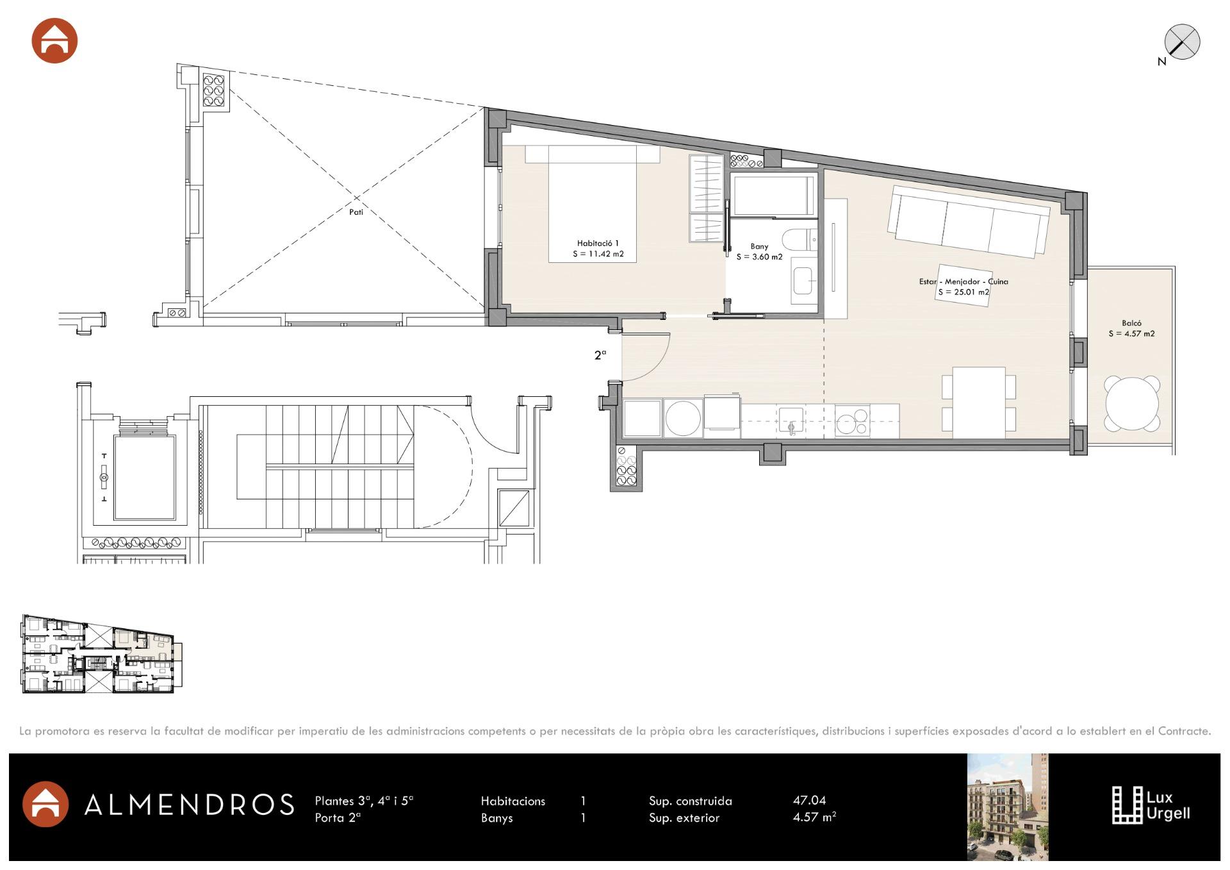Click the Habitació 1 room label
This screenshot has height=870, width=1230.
(x=598, y=244)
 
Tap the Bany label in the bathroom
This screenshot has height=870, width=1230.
(x=759, y=246)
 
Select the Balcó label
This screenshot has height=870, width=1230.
(x=1131, y=323)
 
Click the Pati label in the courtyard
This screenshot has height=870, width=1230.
(x=356, y=212)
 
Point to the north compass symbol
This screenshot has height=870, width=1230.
(x=1181, y=42)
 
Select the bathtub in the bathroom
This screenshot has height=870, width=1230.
(x=775, y=196)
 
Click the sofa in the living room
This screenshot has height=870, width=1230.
(x=968, y=221)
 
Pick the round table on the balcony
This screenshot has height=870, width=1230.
(x=1132, y=404)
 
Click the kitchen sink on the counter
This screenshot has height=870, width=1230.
(x=792, y=421)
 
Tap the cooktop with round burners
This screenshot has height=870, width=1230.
(x=852, y=421)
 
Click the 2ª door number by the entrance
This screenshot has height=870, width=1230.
(x=600, y=355)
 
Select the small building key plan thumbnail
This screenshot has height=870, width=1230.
(x=102, y=654)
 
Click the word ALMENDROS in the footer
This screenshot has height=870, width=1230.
(x=190, y=805)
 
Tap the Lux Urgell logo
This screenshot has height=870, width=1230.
(x=1151, y=805)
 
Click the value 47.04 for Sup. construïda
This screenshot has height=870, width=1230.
(x=809, y=800)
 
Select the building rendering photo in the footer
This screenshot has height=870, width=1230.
(x=1007, y=807)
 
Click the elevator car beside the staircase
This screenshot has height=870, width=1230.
(x=145, y=478)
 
